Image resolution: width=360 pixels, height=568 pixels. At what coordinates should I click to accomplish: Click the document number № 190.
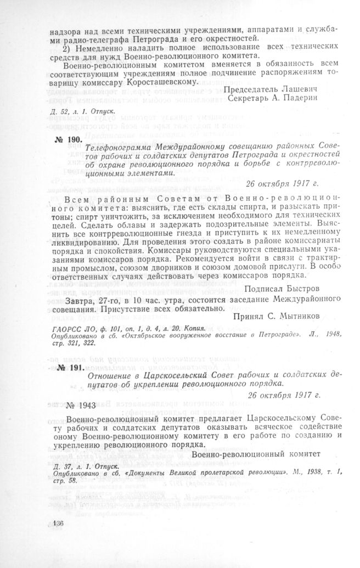coord(67,139)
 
